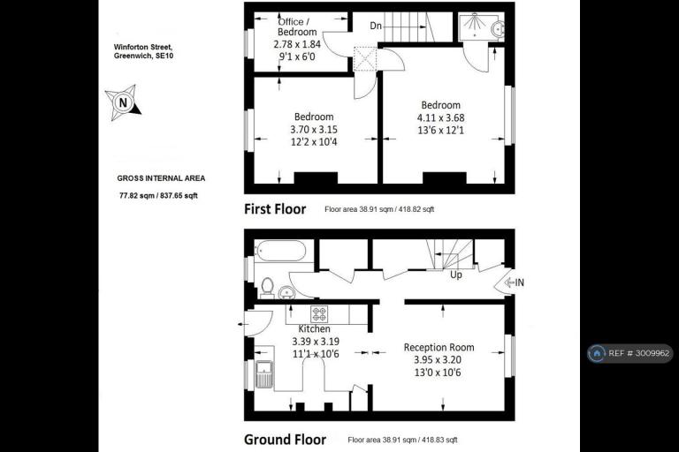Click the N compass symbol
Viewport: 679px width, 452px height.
pos(123,102)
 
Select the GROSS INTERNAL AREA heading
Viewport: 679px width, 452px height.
pos(161,178)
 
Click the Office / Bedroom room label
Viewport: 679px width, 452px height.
pos(297,26)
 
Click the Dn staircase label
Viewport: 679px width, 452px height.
pos(376,26)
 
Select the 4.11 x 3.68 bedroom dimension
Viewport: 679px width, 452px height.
pos(441,117)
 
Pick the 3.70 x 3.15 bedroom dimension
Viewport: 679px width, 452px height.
pos(314,129)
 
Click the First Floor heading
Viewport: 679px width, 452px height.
pos(275,209)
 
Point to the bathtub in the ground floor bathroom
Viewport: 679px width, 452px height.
pos(281,251)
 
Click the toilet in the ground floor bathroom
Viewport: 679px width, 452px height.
pos(267,288)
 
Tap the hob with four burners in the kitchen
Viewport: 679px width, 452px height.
pos(319,313)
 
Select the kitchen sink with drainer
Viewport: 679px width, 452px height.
pos(263,374)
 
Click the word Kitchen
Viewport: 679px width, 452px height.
pos(315,329)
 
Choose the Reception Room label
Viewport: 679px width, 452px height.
pos(439,347)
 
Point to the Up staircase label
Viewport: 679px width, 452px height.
pos(456,275)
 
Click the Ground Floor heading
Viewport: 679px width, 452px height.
pos(285,440)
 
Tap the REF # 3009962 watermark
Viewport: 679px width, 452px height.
pos(630,353)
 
